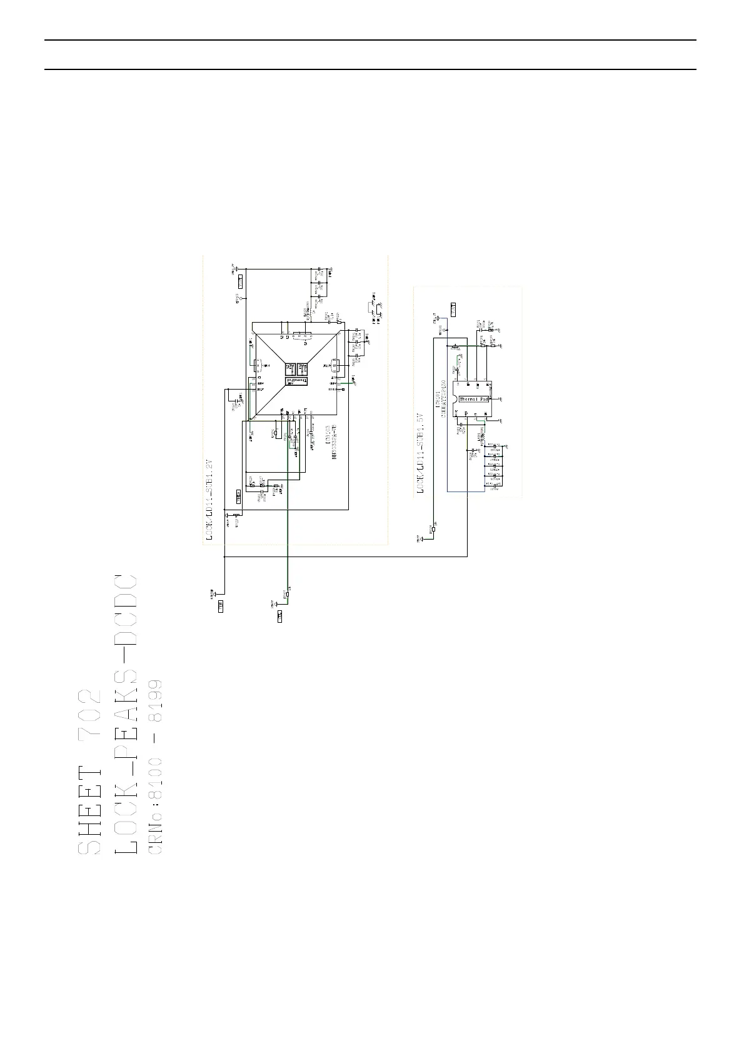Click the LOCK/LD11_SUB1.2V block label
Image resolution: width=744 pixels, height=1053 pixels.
click(x=211, y=500)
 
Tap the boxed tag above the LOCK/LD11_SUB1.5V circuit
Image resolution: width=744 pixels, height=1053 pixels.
click(x=454, y=309)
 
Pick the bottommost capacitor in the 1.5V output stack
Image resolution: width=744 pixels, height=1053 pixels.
click(x=495, y=485)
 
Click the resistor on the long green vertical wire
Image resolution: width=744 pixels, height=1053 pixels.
click(x=288, y=594)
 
